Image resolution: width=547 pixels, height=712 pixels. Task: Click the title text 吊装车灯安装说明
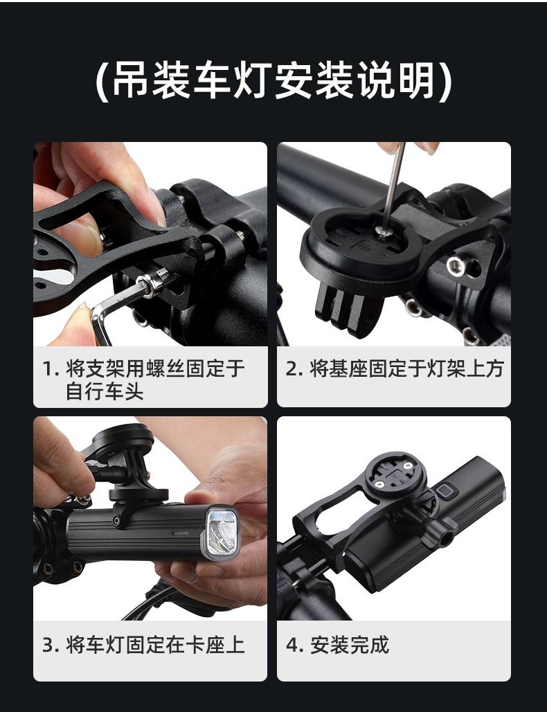[x=274, y=81]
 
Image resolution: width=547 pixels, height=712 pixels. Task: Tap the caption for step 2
[x=394, y=368]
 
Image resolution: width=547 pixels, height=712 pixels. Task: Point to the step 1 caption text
[x=143, y=380]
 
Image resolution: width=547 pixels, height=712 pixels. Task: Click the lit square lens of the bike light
[x=222, y=531]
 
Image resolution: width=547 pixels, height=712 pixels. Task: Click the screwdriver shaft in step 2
[x=393, y=186]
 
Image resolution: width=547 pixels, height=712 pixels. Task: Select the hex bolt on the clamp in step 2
[x=456, y=266]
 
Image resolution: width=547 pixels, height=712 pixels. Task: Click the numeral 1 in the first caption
[x=47, y=369]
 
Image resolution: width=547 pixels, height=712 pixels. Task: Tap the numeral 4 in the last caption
[x=292, y=646]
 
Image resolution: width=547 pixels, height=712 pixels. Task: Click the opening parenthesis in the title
[x=102, y=82]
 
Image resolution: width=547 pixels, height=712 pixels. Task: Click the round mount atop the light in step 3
[x=123, y=439]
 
